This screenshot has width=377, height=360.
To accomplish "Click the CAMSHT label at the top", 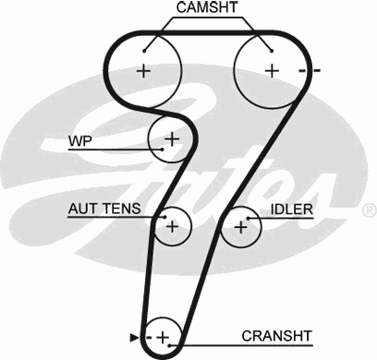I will point(208,8).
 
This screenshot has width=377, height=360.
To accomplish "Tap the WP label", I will point(79,141).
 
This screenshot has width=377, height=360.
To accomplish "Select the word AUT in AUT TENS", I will point(83,210).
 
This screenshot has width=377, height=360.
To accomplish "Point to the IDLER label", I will point(291,210).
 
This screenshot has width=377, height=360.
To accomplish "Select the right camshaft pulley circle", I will point(271,70).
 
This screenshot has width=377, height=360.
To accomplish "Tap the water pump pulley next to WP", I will point(170,139).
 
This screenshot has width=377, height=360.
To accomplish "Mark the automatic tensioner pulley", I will point(171,224).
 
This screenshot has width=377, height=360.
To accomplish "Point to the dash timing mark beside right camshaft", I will point(315,71).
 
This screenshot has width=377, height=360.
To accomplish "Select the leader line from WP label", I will point(120,148).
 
